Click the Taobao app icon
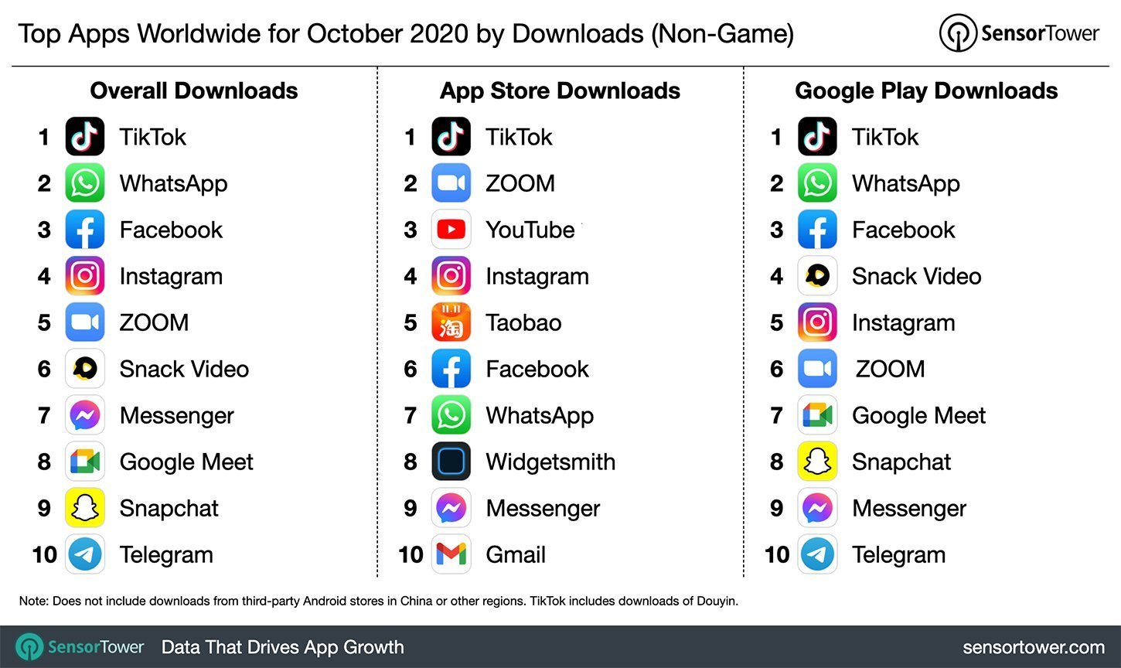click(451, 322)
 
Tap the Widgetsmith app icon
click(451, 462)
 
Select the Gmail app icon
click(451, 554)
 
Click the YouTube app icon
click(451, 230)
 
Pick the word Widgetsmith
click(550, 462)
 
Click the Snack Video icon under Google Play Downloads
click(817, 276)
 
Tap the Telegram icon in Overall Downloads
click(84, 554)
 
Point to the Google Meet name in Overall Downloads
click(186, 462)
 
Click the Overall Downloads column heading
click(194, 90)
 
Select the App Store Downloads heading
click(560, 90)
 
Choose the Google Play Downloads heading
click(926, 90)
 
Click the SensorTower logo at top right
click(1019, 33)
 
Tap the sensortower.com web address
click(1033, 647)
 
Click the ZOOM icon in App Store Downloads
click(451, 183)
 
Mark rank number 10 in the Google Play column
click(776, 554)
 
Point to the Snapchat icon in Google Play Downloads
click(817, 462)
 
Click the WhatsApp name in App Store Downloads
click(540, 415)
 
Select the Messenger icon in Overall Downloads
click(84, 415)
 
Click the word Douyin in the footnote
click(716, 601)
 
